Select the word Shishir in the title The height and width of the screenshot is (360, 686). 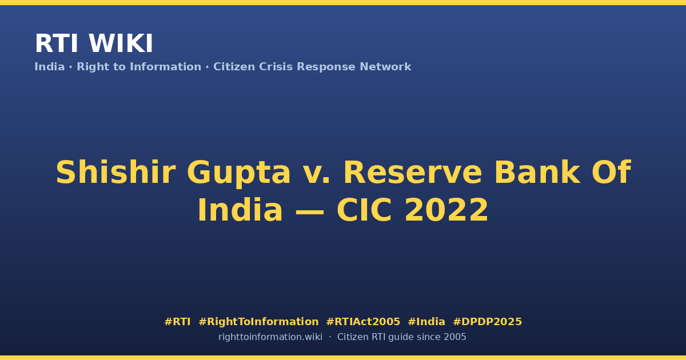[x=115, y=173]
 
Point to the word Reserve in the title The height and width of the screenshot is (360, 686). [x=413, y=173]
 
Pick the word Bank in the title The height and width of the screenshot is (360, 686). [x=537, y=172]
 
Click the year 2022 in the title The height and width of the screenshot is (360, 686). [x=446, y=210]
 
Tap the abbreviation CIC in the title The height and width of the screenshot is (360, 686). [x=364, y=210]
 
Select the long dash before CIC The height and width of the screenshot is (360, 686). [x=310, y=211]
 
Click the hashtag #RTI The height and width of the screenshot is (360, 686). [x=177, y=322]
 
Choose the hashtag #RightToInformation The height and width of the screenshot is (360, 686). [x=258, y=322]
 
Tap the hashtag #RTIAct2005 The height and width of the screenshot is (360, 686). [x=363, y=322]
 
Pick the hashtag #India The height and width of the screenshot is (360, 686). [x=426, y=322]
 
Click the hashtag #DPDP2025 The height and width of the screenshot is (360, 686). [x=487, y=322]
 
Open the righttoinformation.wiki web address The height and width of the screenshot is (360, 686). [x=270, y=337]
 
